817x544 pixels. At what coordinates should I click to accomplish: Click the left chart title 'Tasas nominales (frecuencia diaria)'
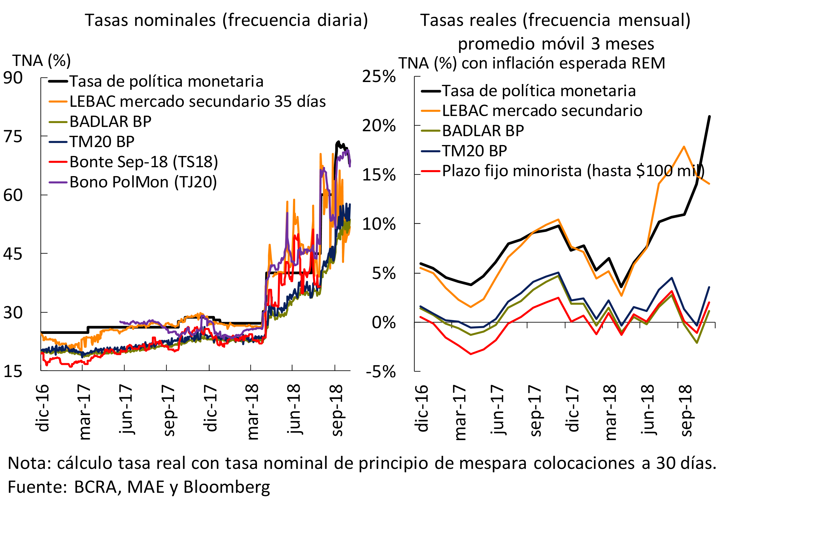click(226, 20)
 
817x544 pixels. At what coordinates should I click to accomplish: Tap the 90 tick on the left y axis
click(13, 78)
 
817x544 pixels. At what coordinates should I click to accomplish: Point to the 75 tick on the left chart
click(13, 136)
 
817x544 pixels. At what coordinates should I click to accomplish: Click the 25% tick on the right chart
click(379, 76)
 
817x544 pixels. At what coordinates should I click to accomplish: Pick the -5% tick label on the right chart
click(381, 372)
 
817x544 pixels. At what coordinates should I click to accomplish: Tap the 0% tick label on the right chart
click(384, 323)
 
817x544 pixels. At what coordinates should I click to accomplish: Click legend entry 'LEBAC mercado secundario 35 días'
click(197, 101)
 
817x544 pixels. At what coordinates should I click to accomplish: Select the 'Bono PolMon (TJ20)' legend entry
click(143, 182)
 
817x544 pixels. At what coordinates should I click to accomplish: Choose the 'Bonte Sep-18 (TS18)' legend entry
click(144, 162)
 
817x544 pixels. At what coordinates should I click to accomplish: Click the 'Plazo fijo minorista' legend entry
click(573, 171)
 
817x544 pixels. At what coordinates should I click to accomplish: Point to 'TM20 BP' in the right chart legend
click(474, 151)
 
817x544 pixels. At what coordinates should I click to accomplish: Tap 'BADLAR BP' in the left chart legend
click(110, 121)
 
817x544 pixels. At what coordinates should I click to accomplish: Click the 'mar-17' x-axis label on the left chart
click(84, 412)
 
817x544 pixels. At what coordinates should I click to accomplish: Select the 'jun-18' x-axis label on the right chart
click(648, 409)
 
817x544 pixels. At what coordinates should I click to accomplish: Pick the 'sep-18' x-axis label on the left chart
click(336, 410)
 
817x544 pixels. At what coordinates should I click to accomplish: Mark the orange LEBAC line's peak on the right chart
click(684, 147)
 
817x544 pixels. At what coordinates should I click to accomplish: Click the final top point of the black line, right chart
click(709, 116)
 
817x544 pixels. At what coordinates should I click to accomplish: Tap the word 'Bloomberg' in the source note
click(227, 487)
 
